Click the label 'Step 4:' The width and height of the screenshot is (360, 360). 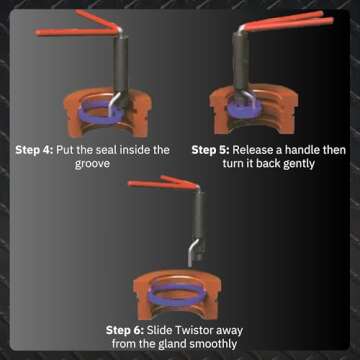tap(36, 148)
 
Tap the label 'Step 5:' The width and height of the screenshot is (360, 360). tap(214, 148)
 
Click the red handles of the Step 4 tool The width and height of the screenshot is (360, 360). tap(79, 22)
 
